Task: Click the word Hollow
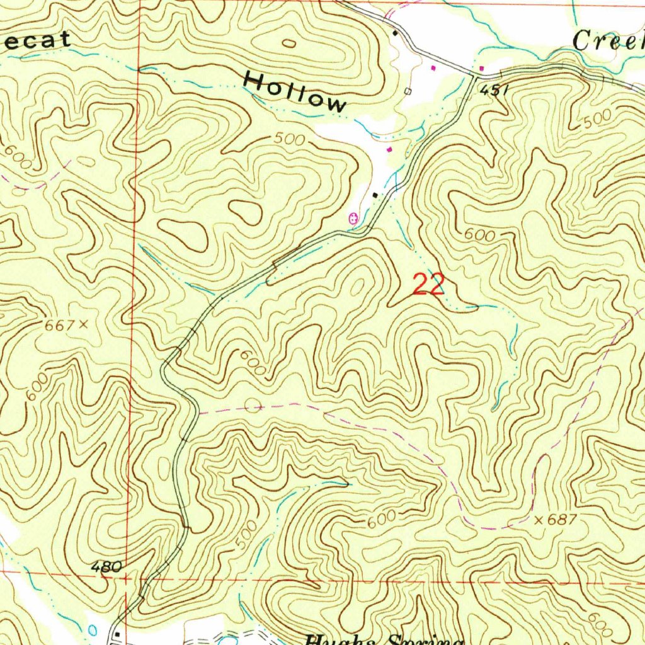(295, 91)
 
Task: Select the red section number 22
(428, 285)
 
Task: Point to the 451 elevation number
(493, 90)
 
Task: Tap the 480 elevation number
(106, 567)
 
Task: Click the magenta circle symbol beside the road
(353, 219)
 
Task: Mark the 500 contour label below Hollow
(290, 139)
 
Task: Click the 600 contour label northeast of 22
(479, 235)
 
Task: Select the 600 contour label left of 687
(382, 519)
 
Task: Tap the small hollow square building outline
(408, 92)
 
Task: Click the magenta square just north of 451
(482, 68)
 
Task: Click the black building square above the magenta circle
(376, 195)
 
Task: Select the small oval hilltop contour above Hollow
(289, 43)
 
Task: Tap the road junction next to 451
(473, 76)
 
